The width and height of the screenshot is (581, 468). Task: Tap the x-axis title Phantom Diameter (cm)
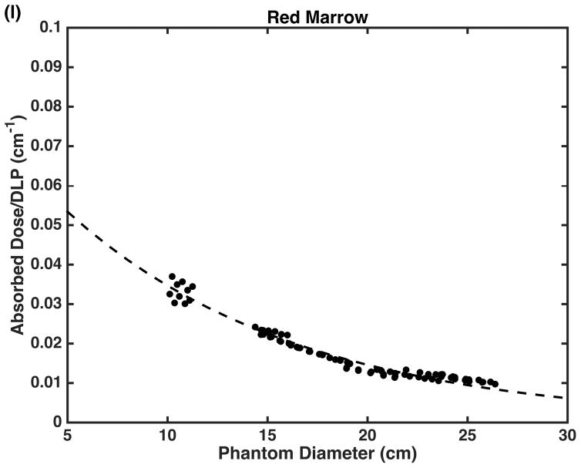(x=317, y=455)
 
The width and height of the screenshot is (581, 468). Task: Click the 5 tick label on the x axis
(x=68, y=436)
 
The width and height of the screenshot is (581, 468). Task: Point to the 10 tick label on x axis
(x=167, y=436)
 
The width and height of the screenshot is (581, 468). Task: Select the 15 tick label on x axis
(x=267, y=436)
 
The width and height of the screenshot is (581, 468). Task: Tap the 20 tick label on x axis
(x=368, y=436)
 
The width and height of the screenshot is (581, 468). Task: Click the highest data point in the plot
(x=173, y=276)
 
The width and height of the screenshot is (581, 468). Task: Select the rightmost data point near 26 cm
(x=495, y=384)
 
